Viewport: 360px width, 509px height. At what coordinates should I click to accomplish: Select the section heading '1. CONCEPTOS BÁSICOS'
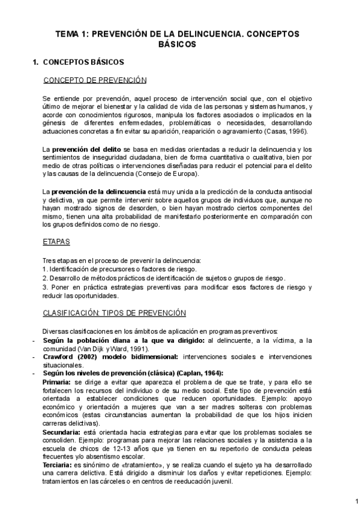pos(78,61)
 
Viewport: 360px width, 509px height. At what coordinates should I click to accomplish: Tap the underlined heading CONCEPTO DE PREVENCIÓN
pos(95,80)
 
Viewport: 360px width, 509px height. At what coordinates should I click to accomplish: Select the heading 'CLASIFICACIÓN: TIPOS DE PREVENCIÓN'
pos(114,313)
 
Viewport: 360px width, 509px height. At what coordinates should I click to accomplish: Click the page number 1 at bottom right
pos(349,500)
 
